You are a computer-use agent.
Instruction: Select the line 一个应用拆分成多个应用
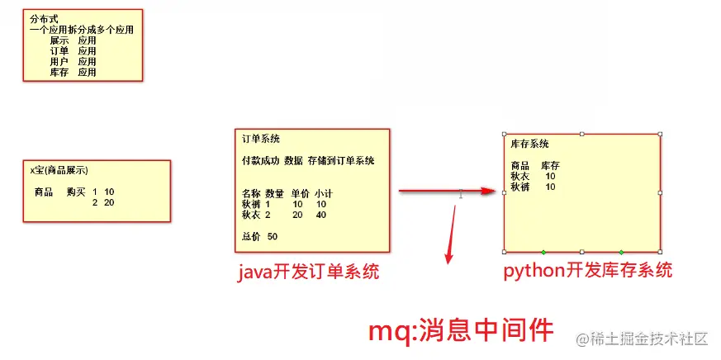pos(81,29)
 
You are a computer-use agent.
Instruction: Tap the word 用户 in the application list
pos(59,61)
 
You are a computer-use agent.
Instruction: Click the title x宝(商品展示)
pos(61,170)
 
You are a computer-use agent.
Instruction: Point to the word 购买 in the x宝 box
pos(76,192)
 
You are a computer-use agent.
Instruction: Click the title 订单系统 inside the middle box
pos(260,139)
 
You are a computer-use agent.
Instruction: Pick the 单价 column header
pos(301,193)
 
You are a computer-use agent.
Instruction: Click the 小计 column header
pos(323,193)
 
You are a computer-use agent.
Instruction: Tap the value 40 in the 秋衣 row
pos(320,215)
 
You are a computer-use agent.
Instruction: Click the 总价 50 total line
pos(259,237)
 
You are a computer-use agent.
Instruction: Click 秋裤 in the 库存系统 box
pos(519,187)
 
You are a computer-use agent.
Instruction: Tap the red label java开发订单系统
pos(309,272)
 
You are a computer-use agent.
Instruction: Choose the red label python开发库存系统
pos(587,270)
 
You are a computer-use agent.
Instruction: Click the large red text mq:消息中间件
pos(459,330)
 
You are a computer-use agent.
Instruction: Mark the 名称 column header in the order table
pos(251,193)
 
